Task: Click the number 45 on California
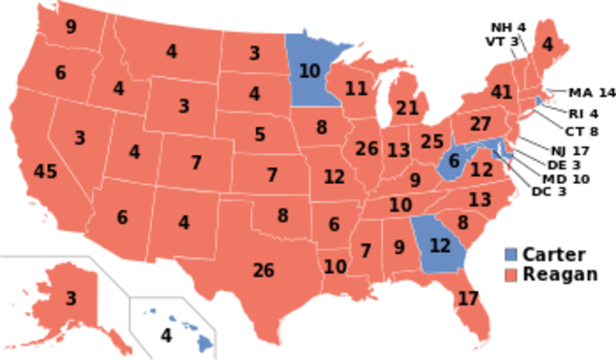45,172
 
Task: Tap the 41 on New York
500,93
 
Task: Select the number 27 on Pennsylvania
481,124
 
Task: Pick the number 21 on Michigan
407,108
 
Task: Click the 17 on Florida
468,298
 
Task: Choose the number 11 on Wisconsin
356,90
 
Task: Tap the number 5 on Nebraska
260,135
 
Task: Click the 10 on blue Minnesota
309,70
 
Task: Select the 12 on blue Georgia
439,245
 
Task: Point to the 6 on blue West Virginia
454,162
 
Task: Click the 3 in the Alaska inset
70,298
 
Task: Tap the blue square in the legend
511,255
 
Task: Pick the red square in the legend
511,275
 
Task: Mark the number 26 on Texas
264,270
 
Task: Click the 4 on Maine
548,44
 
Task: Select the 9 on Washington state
70,27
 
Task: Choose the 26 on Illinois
366,149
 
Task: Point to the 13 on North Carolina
479,200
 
